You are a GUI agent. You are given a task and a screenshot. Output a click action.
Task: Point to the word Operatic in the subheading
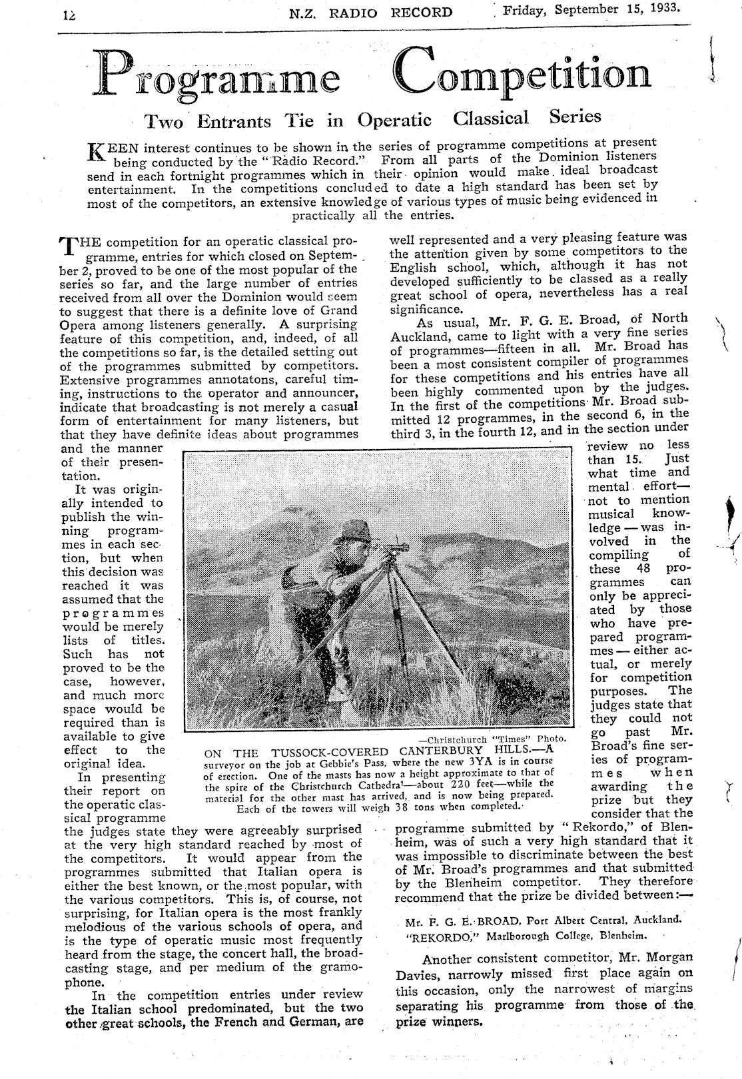click(x=394, y=121)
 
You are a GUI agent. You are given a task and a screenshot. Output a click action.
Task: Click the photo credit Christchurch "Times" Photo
click(x=492, y=739)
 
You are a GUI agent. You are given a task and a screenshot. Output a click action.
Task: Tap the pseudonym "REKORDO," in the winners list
click(x=432, y=935)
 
